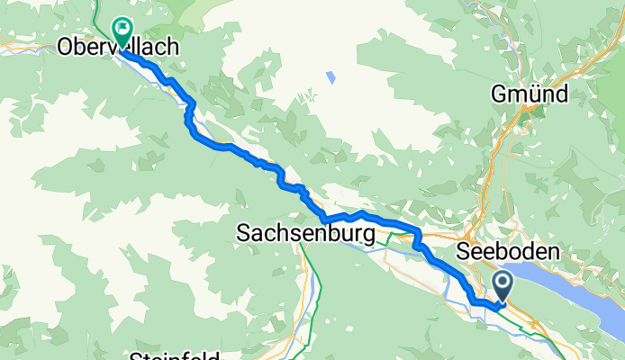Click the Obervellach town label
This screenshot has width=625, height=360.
pos(116,48)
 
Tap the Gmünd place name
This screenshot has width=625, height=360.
pos(529,94)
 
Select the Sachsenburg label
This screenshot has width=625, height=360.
pos(304,234)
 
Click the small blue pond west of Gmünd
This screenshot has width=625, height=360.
pos(331,77)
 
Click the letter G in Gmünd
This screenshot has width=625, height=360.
pos(500,94)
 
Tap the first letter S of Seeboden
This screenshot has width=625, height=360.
pos(465,249)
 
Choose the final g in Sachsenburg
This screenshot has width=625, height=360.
pos(366,236)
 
